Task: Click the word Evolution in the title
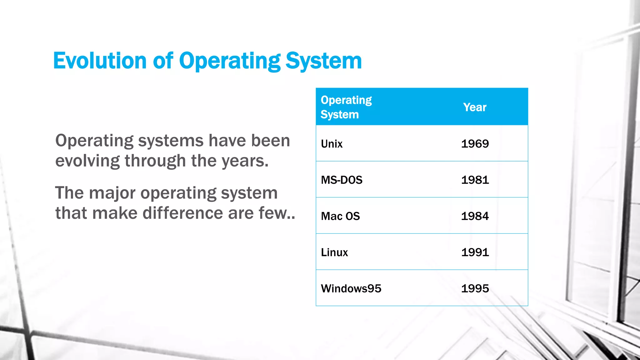pyautogui.click(x=100, y=61)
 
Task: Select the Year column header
pyautogui.click(x=475, y=107)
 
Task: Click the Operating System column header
pyautogui.click(x=346, y=107)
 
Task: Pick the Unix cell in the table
pyautogui.click(x=332, y=144)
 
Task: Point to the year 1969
pyautogui.click(x=475, y=144)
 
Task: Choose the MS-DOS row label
pyautogui.click(x=342, y=180)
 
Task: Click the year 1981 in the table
pyautogui.click(x=475, y=180)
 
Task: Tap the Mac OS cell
pyautogui.click(x=340, y=216)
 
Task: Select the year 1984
pyautogui.click(x=475, y=216)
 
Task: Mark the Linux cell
pyautogui.click(x=334, y=252)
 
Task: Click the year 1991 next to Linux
pyautogui.click(x=475, y=252)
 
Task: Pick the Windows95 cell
pyautogui.click(x=351, y=288)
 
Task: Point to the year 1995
pyautogui.click(x=475, y=288)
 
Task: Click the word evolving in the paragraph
pyautogui.click(x=87, y=161)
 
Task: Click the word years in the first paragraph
pyautogui.click(x=245, y=161)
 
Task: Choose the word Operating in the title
pyautogui.click(x=230, y=61)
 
